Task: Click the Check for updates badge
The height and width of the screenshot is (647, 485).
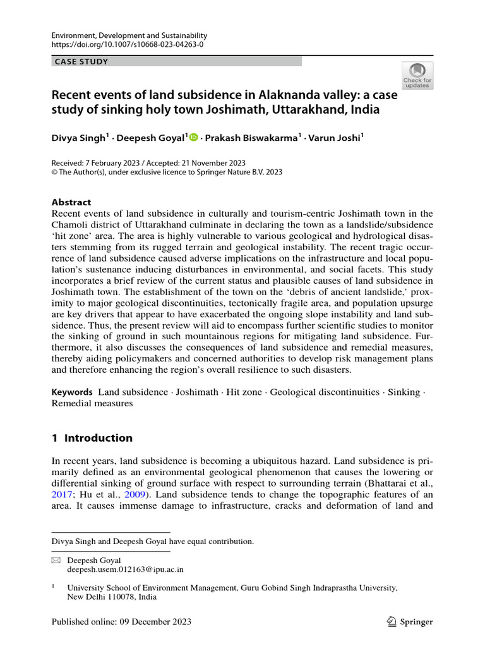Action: click(417, 75)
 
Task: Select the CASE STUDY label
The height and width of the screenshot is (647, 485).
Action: click(81, 61)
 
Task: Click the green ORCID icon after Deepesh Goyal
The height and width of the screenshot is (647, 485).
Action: click(193, 137)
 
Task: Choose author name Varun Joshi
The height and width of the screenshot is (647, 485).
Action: click(338, 138)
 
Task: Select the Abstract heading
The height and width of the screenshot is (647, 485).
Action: click(71, 202)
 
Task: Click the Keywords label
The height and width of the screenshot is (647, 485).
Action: click(73, 392)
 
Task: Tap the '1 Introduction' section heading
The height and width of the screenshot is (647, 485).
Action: click(92, 438)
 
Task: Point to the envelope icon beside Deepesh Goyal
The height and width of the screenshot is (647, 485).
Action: click(56, 560)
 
